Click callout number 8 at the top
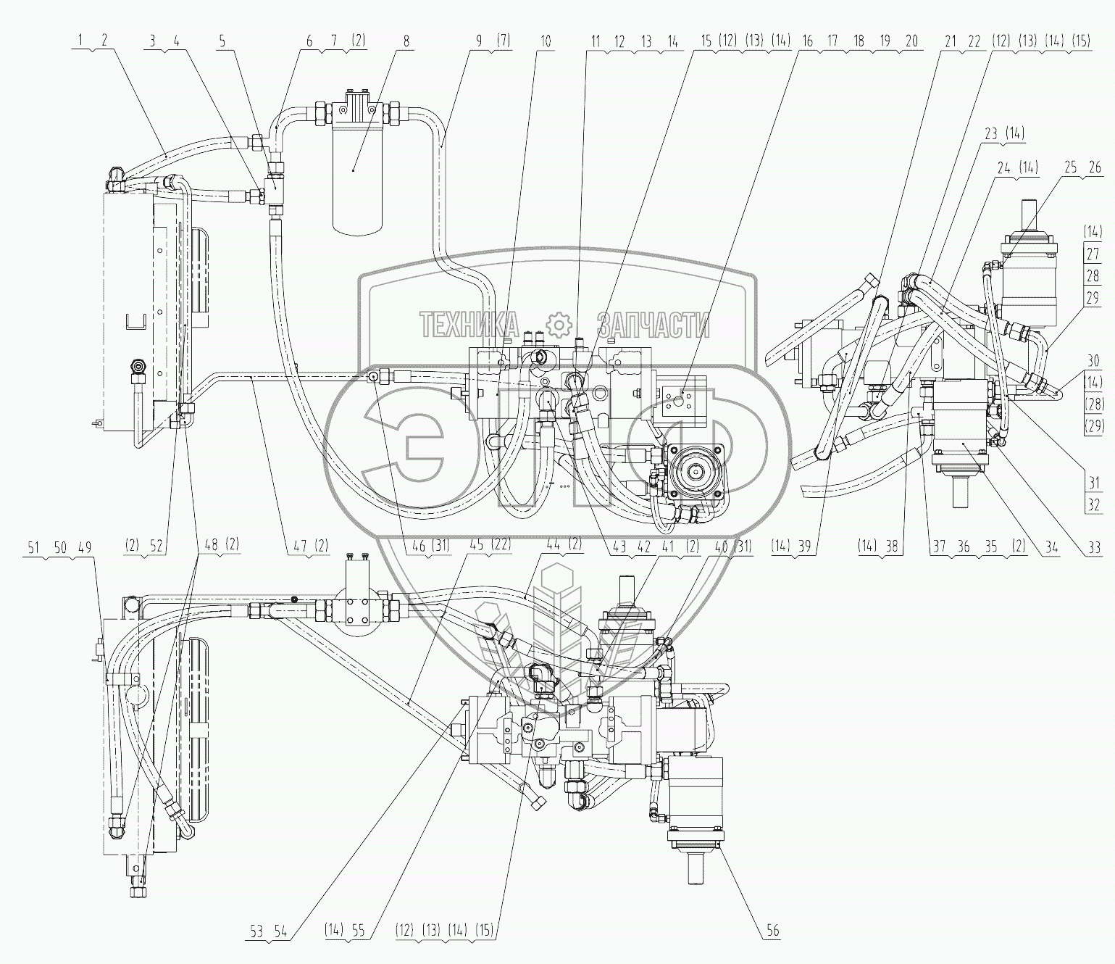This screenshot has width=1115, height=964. tap(406, 41)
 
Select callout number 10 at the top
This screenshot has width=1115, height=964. tap(546, 41)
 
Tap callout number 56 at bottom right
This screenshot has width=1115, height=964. tap(773, 931)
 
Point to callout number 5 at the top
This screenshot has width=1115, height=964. tap(223, 41)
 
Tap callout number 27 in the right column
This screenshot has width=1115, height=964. tap(1093, 254)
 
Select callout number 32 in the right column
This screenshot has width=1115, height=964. tap(1093, 504)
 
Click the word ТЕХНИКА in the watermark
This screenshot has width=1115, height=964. tap(469, 325)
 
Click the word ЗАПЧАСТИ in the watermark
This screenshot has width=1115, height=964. tap(653, 325)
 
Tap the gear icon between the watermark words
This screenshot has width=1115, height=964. tap(559, 325)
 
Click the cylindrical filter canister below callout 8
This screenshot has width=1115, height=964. tap(353, 170)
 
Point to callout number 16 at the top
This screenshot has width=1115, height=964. tap(807, 41)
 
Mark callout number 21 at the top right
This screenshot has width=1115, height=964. tap(951, 41)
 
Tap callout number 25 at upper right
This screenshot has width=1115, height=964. tap(1072, 168)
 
